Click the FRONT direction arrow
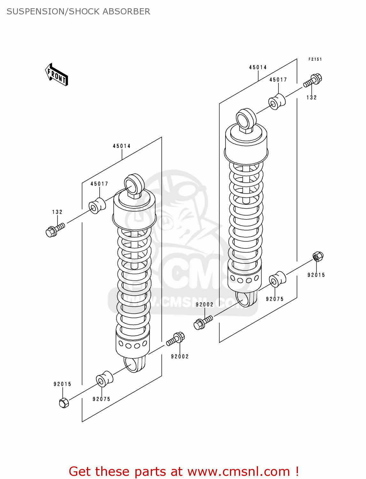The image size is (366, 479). point(57,75)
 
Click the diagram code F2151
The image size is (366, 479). point(315,59)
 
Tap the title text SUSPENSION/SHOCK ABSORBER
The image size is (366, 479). point(78,11)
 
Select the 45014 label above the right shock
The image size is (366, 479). point(258,67)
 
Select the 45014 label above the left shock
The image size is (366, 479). point(122,146)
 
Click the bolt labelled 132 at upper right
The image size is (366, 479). point(313,80)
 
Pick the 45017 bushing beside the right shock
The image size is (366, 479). point(277,102)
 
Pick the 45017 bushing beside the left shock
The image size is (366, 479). point(97,206)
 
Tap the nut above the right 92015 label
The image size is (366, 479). point(318,256)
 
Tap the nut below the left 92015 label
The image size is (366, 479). point(64,403)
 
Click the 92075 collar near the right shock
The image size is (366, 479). point(277,279)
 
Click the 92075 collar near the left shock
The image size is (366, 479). point(104,379)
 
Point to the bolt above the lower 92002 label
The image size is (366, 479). point(176,339)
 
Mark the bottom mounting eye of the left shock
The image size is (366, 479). point(134,364)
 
